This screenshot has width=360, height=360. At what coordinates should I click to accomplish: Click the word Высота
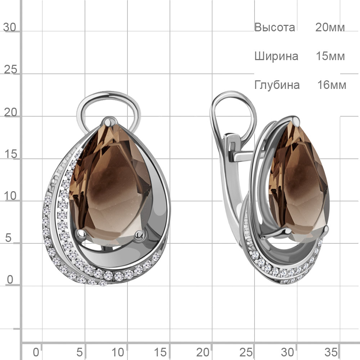[275, 27]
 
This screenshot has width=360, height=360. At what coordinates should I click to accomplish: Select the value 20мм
[330, 27]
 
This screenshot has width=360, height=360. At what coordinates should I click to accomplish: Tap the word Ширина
[276, 56]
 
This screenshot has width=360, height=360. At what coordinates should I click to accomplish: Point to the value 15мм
[330, 56]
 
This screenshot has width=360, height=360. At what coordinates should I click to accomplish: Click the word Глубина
[277, 85]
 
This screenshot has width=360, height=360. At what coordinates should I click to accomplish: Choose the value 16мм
[332, 85]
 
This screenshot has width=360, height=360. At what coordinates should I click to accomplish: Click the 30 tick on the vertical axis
[10, 27]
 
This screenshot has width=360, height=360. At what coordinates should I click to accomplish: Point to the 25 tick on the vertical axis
[10, 69]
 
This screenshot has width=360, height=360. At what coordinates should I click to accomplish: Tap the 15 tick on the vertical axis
[10, 154]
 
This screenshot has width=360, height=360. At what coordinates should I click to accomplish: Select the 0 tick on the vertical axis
[10, 280]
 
